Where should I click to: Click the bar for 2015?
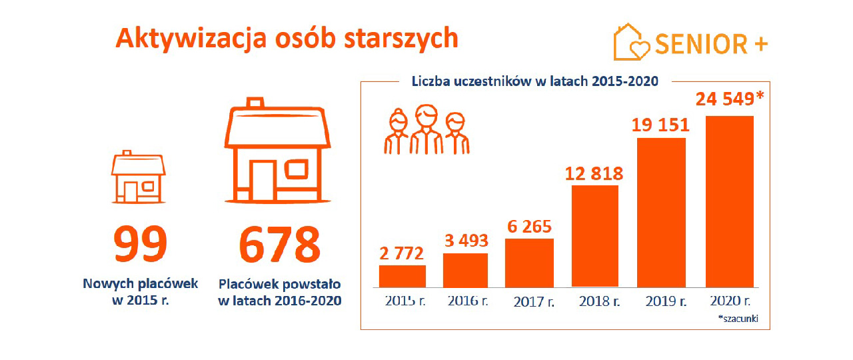click(403, 276)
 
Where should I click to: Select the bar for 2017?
click(530, 263)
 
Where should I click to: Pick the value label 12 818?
click(594, 174)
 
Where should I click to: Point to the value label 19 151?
click(660, 125)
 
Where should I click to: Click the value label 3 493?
click(466, 241)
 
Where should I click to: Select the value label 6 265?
click(528, 227)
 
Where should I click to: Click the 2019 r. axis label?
click(666, 301)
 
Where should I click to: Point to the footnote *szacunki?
click(738, 319)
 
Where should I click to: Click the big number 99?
click(139, 245)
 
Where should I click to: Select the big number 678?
click(280, 245)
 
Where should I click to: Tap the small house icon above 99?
click(137, 177)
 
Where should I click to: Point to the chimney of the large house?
click(255, 103)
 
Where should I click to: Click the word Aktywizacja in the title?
click(191, 39)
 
